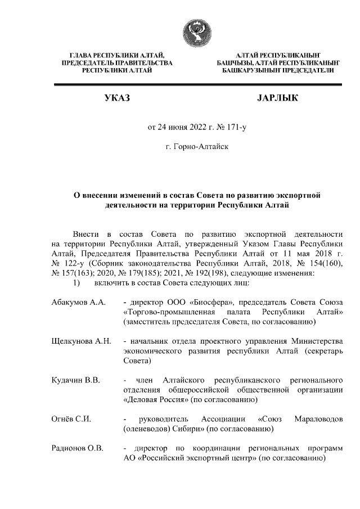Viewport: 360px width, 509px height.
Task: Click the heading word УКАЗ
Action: tap(117, 99)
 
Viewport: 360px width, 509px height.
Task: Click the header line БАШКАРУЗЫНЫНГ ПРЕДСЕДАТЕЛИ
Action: tap(278, 71)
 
